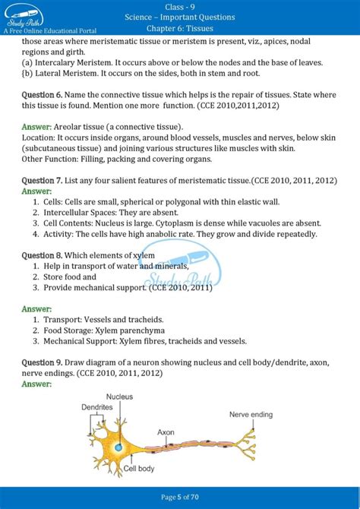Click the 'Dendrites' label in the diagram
coord(98,408)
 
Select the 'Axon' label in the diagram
coord(166,432)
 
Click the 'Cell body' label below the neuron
coord(141,469)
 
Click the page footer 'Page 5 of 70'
coord(180,497)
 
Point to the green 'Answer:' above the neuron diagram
coord(36,384)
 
